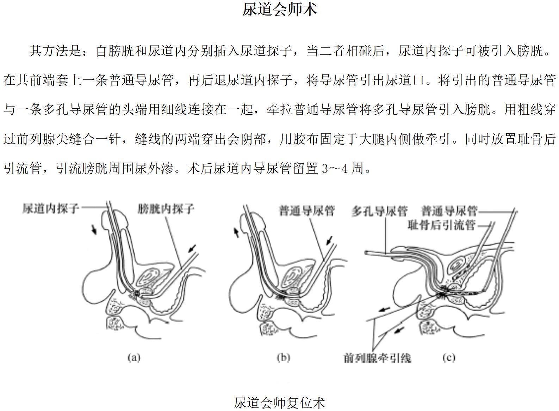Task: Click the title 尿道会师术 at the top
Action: point(280,10)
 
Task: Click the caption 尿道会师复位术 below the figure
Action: point(280,403)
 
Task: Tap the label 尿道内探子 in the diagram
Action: point(51,208)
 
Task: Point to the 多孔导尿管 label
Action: point(380,211)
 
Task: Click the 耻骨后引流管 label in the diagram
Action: point(441,225)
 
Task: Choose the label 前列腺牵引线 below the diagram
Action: point(377,358)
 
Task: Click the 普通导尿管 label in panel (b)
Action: point(307,211)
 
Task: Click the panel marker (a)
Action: point(134,358)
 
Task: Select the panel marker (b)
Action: point(284,358)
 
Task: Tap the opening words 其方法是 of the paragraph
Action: point(55,51)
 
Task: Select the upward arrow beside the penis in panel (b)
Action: point(236,232)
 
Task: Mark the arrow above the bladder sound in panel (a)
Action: point(192,248)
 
